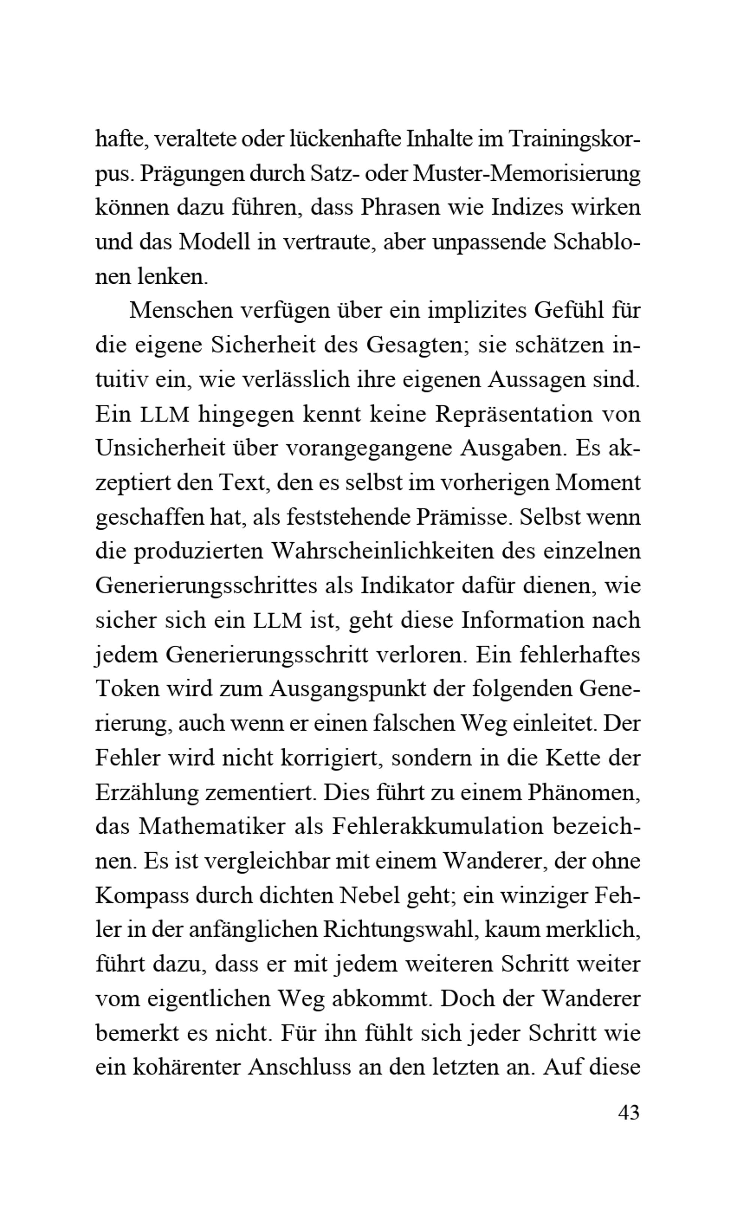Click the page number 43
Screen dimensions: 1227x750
(628, 1113)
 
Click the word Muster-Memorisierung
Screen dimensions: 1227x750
(527, 173)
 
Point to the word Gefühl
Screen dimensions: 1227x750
(568, 311)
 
